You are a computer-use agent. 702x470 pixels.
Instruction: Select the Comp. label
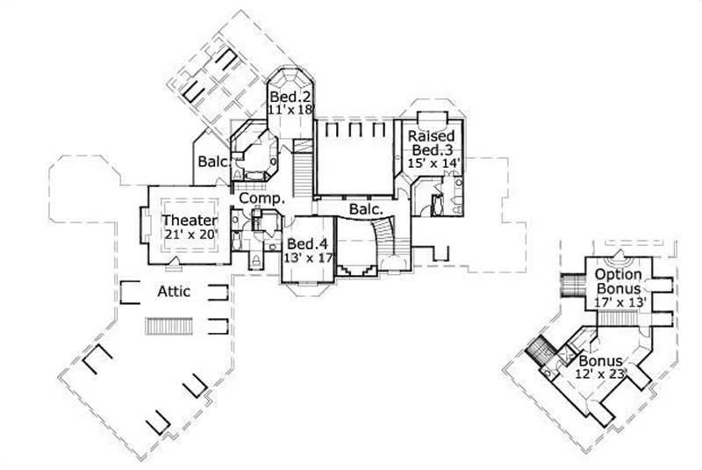click(262, 199)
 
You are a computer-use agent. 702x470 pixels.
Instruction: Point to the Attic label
click(175, 290)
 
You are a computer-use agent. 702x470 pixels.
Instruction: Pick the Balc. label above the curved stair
click(366, 210)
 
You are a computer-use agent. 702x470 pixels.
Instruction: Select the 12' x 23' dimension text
click(600, 374)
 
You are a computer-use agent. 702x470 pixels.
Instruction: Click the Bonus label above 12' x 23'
click(600, 361)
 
